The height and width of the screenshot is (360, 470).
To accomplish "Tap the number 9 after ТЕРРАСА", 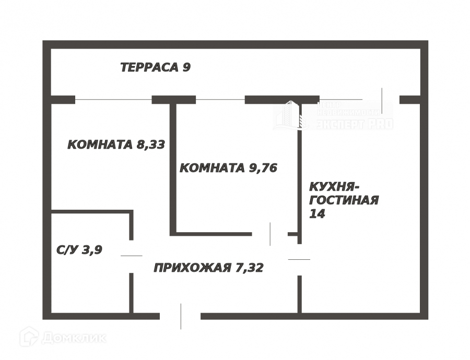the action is click(x=187, y=67).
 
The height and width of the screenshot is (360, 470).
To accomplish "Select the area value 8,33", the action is click(x=151, y=145).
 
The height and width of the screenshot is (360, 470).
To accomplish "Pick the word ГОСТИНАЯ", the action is click(x=344, y=200).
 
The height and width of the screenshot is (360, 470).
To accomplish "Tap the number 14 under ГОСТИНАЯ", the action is click(x=317, y=213).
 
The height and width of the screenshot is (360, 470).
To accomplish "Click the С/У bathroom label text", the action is click(x=66, y=250).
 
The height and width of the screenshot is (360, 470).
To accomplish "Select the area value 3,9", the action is click(x=92, y=250).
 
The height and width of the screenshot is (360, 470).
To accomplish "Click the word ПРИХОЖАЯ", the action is click(x=192, y=268).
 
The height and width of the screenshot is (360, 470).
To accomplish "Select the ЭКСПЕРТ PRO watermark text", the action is click(x=355, y=125).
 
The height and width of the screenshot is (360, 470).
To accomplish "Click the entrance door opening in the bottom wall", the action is click(x=180, y=316).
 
